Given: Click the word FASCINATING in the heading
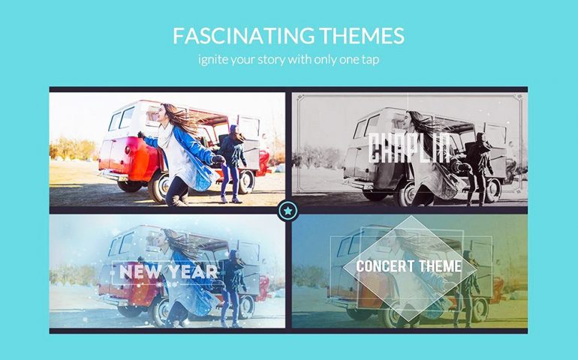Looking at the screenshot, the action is point(244,36).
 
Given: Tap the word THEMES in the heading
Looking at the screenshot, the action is point(363,36).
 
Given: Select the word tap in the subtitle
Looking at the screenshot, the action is point(370,60).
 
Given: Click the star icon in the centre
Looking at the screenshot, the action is point(288,211).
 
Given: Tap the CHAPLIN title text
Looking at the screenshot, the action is point(409,148).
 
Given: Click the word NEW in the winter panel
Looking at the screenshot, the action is point(140,272).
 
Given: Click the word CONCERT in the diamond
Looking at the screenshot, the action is point(385,266).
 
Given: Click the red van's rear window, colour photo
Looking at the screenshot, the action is point(115,121).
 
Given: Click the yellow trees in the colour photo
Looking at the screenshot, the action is point(73,148).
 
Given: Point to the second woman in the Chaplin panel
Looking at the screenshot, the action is point(478,169).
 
